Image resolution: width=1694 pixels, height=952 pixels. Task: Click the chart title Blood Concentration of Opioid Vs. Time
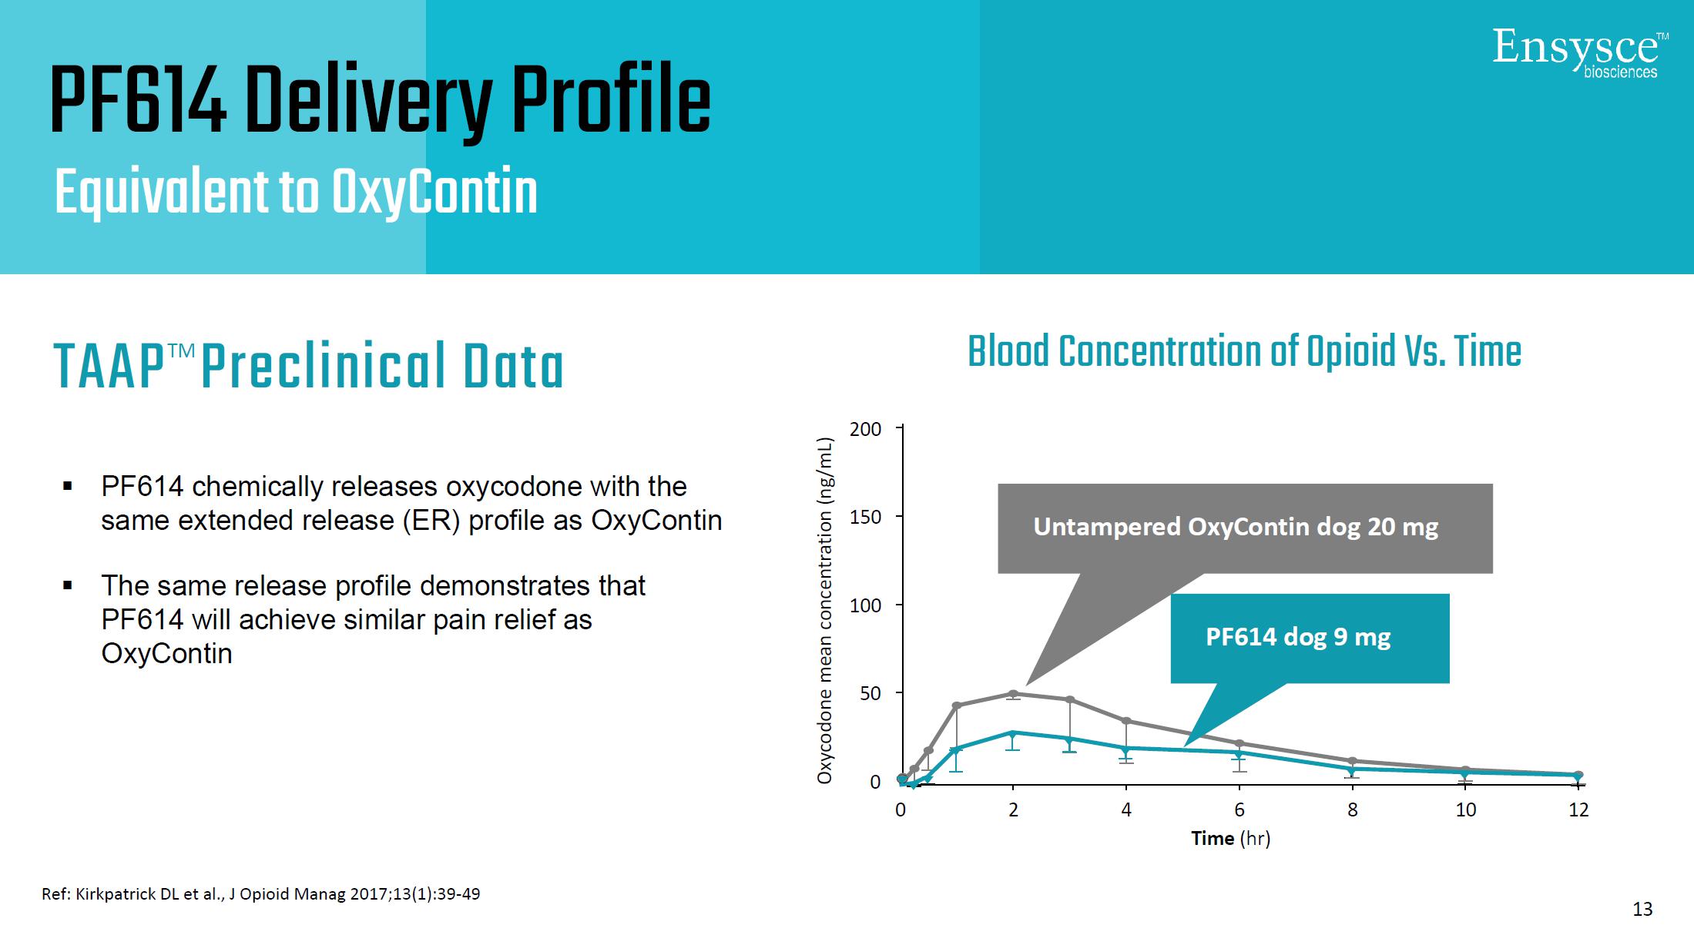tap(1244, 352)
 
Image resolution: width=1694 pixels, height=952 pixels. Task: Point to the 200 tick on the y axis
tap(865, 429)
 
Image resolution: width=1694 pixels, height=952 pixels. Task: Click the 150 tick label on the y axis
tap(865, 517)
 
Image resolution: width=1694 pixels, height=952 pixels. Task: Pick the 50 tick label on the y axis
tap(870, 693)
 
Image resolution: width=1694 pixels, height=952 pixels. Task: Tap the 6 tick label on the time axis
tap(1239, 810)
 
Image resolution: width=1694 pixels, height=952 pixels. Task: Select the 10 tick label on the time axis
tap(1465, 810)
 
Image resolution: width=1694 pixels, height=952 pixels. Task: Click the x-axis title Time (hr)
tap(1230, 838)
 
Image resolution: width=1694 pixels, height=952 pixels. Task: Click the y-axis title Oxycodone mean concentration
tap(825, 610)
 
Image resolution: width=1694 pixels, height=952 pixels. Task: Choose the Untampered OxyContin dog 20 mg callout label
tap(1236, 527)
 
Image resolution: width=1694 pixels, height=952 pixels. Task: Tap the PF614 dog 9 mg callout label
tap(1298, 637)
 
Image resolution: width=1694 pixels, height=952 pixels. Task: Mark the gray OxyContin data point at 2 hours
tap(1013, 694)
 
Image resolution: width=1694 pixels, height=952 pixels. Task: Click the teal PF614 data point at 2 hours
tap(1013, 733)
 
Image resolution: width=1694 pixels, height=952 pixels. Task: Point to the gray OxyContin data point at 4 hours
tap(1126, 721)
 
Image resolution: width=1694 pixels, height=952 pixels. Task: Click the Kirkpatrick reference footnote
tap(260, 894)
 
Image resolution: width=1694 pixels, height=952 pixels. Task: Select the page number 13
tap(1642, 909)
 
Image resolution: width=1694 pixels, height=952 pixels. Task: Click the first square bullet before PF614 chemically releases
tap(68, 487)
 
